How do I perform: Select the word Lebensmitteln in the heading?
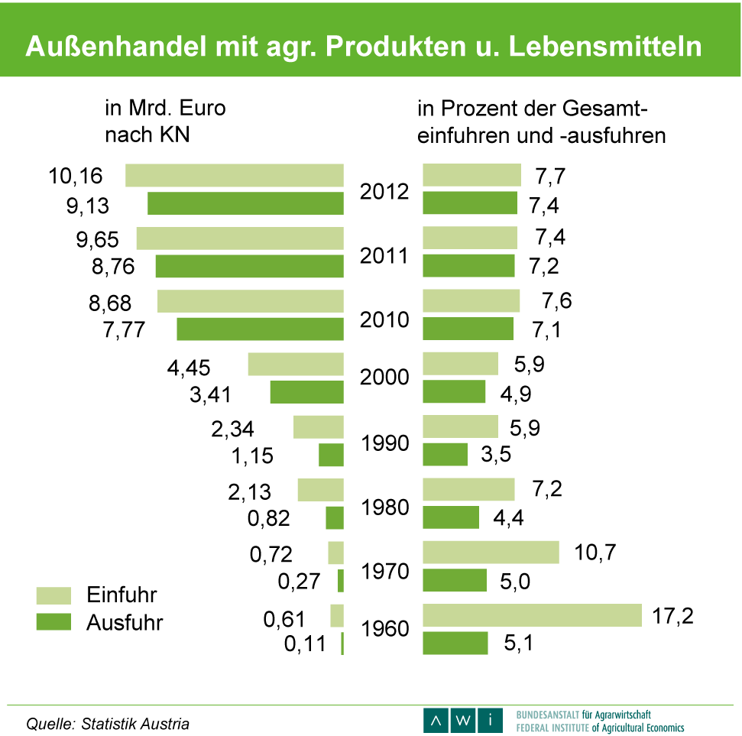(604, 47)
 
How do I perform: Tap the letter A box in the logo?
(436, 720)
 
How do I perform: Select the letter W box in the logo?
(464, 720)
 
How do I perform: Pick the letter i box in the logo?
(491, 720)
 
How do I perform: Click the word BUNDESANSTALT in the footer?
(547, 715)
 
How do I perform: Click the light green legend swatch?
(53, 595)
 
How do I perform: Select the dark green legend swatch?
(53, 621)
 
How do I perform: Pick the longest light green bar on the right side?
(532, 615)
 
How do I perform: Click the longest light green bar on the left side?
(235, 175)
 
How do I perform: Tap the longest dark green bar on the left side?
(245, 203)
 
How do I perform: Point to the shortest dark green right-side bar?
(445, 455)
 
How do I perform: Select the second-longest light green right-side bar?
(491, 553)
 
